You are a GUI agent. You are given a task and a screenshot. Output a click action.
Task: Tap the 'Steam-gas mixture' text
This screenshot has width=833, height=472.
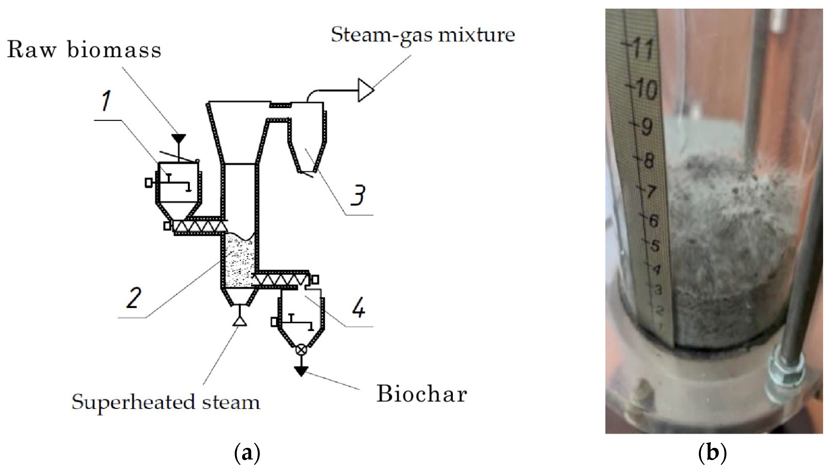423,35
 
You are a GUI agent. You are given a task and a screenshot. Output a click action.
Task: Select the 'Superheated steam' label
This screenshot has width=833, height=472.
166,402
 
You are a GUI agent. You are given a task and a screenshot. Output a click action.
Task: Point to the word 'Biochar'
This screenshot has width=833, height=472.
421,394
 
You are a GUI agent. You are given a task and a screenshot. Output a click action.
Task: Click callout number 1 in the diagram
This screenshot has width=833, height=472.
106,101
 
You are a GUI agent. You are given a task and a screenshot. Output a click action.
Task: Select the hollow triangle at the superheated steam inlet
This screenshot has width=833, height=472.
240,321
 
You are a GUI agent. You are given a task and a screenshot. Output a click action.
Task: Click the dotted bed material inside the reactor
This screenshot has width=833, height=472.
239,263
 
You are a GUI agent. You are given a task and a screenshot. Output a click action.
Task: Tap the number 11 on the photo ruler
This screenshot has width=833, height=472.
643,49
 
